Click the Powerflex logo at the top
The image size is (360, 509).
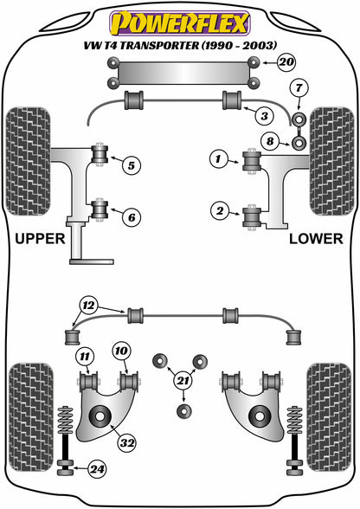(x=179, y=20)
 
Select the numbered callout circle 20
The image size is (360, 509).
(x=286, y=61)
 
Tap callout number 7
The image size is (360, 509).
(x=298, y=87)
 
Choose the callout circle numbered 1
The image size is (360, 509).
(x=219, y=158)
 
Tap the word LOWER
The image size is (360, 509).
(x=315, y=238)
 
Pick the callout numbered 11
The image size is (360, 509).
(x=84, y=356)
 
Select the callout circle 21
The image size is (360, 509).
(x=182, y=379)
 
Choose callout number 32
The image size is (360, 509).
(x=127, y=444)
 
